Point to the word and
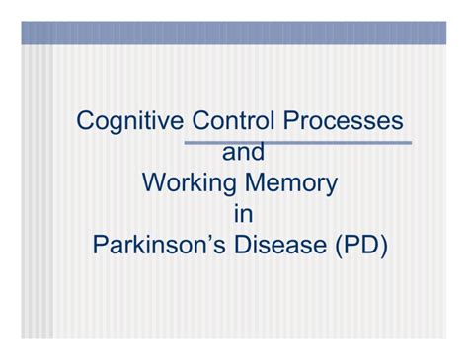[244, 153]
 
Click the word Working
[189, 183]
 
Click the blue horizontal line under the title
[296, 142]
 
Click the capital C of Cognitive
[87, 121]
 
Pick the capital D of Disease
[242, 245]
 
